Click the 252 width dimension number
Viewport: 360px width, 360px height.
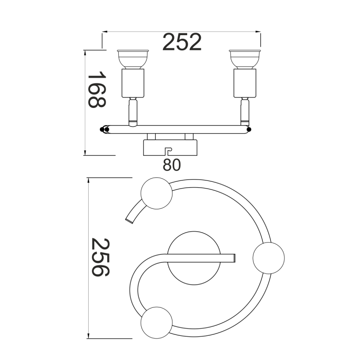(182, 42)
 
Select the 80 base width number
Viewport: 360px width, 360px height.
(172, 165)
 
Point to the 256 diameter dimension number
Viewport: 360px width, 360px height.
(100, 257)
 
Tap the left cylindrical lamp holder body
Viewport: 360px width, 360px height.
(133, 83)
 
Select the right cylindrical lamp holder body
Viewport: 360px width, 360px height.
(245, 83)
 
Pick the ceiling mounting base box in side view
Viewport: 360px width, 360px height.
(170, 148)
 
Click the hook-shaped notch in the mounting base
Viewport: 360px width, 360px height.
(169, 151)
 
